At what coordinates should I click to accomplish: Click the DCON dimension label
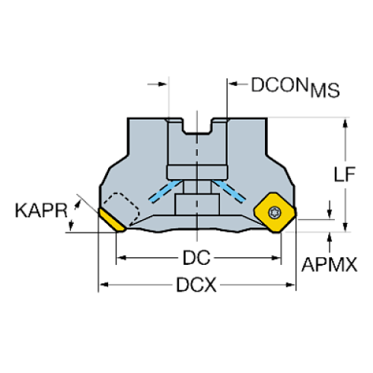pos(281,85)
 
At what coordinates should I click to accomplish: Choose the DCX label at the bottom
pos(197,286)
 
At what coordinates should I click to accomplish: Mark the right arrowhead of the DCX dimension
pos(292,286)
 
